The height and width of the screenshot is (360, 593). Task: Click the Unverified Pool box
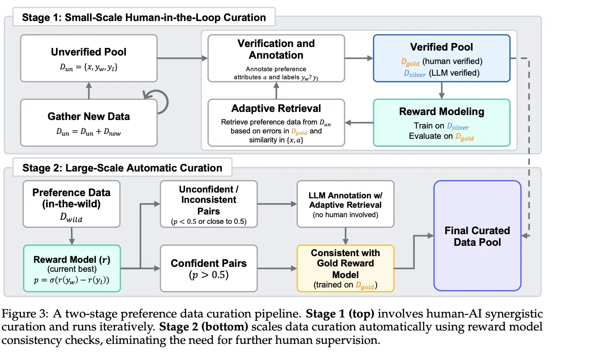coord(89,58)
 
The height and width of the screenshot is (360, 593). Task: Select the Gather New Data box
coord(89,122)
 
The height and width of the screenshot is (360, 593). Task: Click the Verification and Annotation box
coord(276,58)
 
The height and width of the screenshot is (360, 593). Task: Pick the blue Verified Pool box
coord(441,58)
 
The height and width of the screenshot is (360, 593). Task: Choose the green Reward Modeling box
coord(441,122)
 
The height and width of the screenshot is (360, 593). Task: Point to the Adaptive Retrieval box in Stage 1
coord(276,122)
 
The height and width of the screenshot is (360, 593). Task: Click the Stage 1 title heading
coord(144,18)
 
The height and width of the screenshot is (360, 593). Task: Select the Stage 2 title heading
coord(122,168)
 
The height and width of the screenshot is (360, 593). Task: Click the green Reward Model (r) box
coord(71,268)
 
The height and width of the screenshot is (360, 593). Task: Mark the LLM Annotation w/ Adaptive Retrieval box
coord(345,204)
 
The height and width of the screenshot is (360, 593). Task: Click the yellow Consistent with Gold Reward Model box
coord(345,268)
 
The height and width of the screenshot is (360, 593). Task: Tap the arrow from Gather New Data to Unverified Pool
coord(89,90)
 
